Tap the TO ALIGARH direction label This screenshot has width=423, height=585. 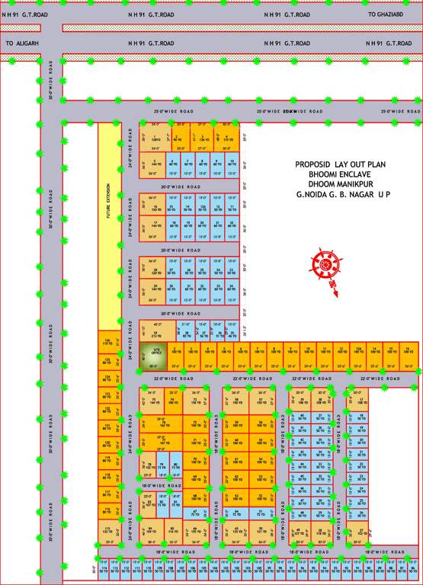coord(21,43)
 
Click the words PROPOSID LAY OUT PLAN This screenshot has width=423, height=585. coord(342,164)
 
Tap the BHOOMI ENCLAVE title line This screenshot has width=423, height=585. coord(343,174)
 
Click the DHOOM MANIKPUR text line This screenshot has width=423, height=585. coord(343,184)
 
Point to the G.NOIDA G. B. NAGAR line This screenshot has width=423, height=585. coord(343,195)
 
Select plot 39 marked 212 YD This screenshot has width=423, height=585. coord(155,334)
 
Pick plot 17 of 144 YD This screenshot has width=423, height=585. coord(155,225)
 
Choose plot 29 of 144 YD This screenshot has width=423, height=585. coord(155,288)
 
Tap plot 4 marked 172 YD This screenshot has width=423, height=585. coord(226,139)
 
